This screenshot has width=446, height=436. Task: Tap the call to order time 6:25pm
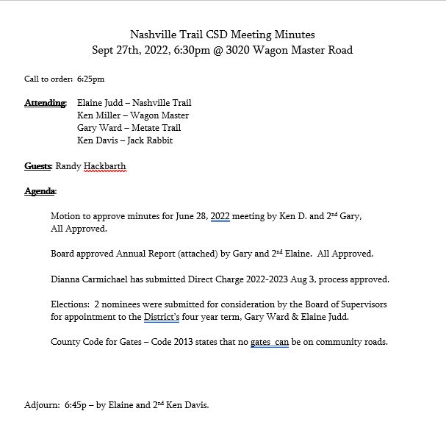[x=90, y=79]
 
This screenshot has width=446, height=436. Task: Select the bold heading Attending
[x=45, y=103]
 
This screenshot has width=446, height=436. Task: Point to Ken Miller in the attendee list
[x=99, y=115]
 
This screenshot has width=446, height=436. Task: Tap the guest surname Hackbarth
[x=105, y=166]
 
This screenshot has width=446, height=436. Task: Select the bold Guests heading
[x=37, y=166]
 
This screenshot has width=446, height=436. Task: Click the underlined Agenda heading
[x=40, y=191]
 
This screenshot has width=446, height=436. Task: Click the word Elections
[x=69, y=304]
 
